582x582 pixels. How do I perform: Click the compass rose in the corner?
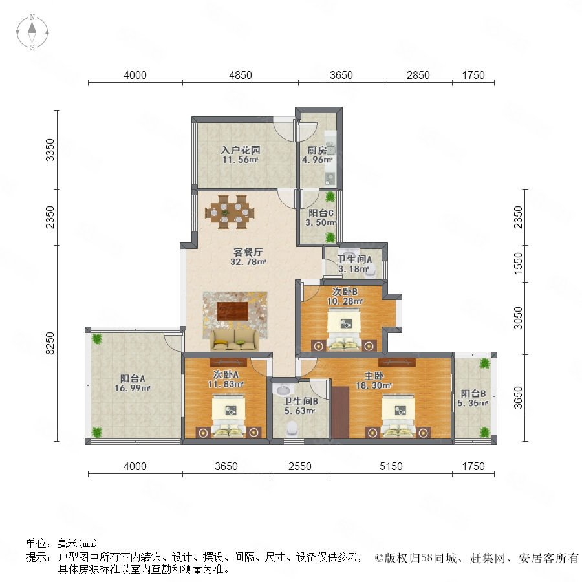click(x=32, y=32)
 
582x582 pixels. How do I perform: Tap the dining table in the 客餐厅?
click(x=230, y=212)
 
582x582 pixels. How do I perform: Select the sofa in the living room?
click(x=235, y=340)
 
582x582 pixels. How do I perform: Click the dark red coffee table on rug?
click(x=233, y=310)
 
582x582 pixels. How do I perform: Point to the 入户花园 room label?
click(x=240, y=150)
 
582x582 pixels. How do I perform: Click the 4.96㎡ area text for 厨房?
click(x=317, y=160)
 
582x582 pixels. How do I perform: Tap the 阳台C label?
click(x=321, y=213)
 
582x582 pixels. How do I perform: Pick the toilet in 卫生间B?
click(x=292, y=428)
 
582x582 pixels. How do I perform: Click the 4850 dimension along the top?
click(x=241, y=76)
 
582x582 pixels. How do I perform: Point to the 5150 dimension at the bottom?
click(x=391, y=466)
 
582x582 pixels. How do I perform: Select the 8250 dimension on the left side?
click(x=50, y=343)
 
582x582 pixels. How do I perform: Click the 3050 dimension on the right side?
click(x=518, y=318)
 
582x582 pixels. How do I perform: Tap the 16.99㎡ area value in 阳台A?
click(x=133, y=388)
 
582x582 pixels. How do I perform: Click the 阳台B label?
click(x=473, y=393)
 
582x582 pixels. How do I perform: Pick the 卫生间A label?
click(x=354, y=259)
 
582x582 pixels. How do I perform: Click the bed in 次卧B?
click(x=344, y=330)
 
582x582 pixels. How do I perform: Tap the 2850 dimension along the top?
click(x=418, y=76)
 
